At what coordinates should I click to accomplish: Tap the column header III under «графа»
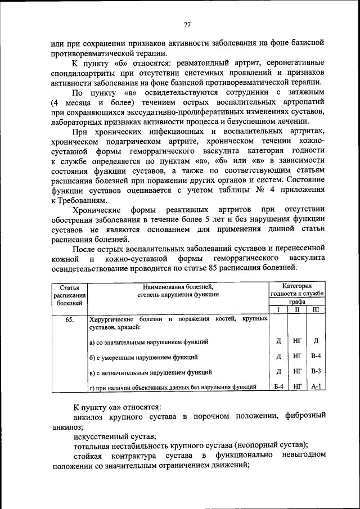point(315,310)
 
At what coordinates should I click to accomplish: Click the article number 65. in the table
point(70,319)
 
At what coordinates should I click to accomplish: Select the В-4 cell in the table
point(315,357)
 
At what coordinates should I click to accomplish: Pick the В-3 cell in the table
point(315,372)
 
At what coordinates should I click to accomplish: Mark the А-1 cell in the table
point(315,387)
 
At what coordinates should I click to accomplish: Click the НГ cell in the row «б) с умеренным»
point(296,357)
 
